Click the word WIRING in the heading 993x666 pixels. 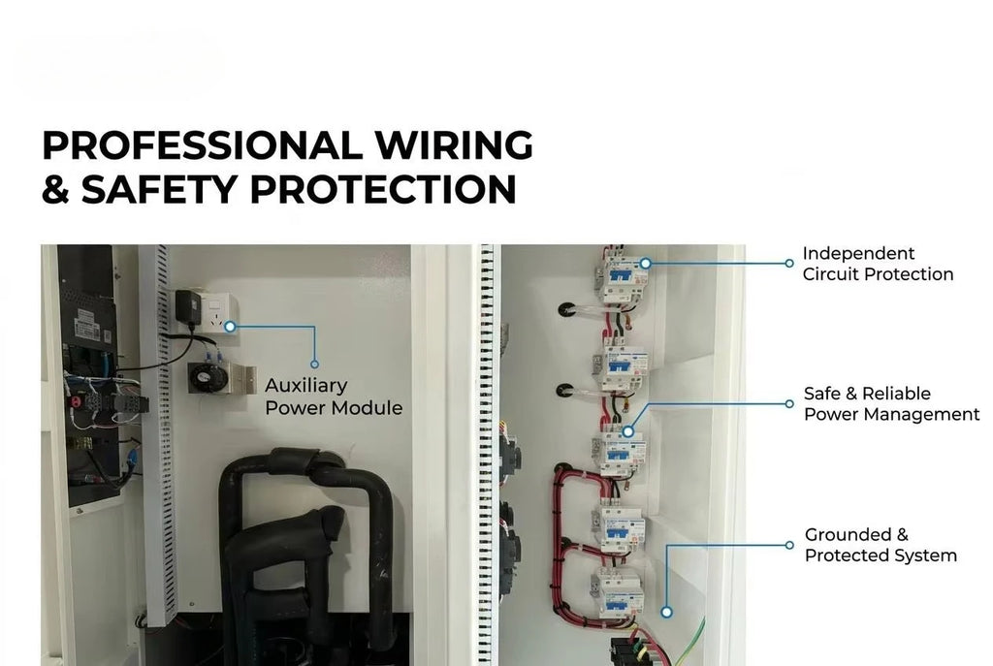(x=454, y=145)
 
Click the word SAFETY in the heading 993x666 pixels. (x=160, y=189)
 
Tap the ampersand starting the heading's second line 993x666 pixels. (x=55, y=189)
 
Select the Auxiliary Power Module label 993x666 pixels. (x=334, y=396)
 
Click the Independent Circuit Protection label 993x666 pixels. (x=878, y=264)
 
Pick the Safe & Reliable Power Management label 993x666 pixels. (x=892, y=404)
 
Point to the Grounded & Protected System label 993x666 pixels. (x=881, y=545)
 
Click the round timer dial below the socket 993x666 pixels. (x=208, y=379)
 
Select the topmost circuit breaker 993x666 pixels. (x=624, y=278)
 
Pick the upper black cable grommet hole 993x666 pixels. (x=566, y=309)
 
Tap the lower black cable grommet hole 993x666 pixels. (x=565, y=391)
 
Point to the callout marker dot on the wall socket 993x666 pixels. (x=230, y=327)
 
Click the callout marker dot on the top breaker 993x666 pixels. (x=645, y=264)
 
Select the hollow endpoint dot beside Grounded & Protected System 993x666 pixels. (x=789, y=545)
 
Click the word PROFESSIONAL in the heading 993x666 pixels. (x=203, y=145)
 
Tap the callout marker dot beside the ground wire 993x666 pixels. (x=666, y=612)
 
